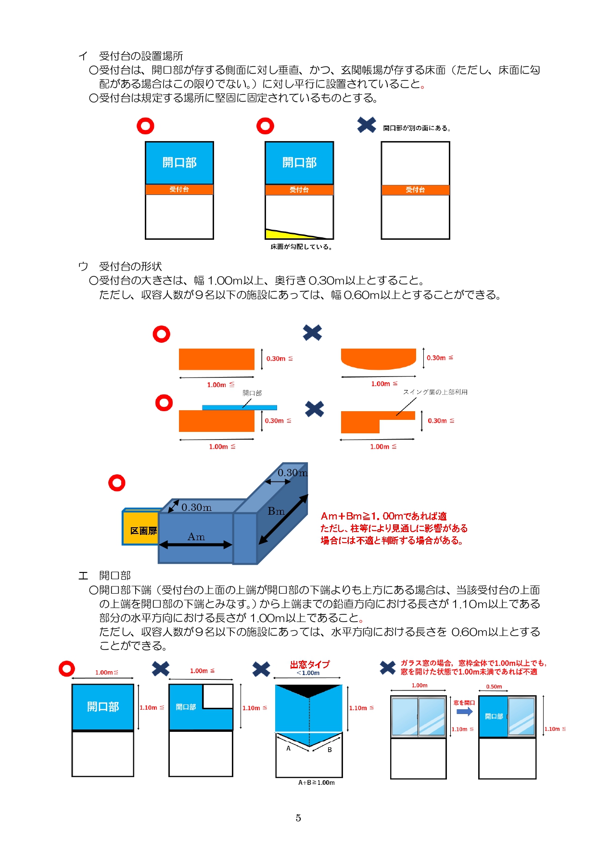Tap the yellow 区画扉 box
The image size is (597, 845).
point(141,530)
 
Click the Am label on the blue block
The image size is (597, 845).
point(196,537)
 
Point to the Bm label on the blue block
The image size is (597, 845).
point(276,511)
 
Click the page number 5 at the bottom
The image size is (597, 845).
point(298,818)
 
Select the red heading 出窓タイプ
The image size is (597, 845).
point(309,664)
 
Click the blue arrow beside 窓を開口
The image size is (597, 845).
point(464,712)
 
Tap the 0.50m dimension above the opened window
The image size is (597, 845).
point(494,687)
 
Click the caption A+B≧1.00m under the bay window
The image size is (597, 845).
point(316,782)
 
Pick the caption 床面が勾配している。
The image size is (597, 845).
point(301,247)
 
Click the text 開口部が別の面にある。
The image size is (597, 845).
point(417,128)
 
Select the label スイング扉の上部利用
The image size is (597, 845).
point(435,392)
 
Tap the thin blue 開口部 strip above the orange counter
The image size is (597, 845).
point(239,407)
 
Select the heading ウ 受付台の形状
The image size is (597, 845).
point(120,266)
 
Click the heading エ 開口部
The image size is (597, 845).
point(105,575)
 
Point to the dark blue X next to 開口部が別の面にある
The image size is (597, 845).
point(367,125)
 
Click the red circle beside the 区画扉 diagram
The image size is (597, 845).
point(117,482)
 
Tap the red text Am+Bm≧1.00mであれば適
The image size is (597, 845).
point(383,516)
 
